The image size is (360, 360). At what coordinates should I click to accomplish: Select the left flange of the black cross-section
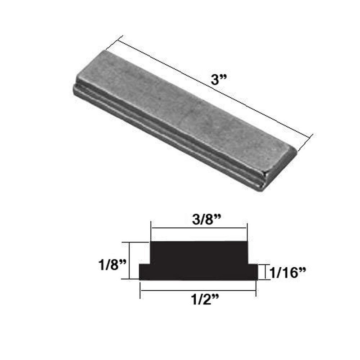click(x=144, y=272)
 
